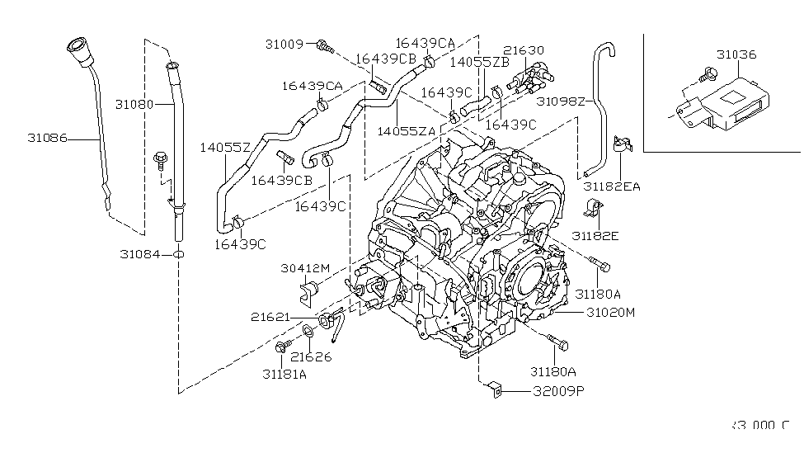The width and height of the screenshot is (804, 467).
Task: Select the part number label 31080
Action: pyautogui.click(x=134, y=105)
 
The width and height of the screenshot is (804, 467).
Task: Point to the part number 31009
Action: pyautogui.click(x=285, y=43)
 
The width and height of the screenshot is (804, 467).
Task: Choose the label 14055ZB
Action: pyautogui.click(x=479, y=62)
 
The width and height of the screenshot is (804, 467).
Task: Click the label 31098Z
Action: pyautogui.click(x=561, y=102)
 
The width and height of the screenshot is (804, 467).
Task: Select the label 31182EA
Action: pyautogui.click(x=612, y=187)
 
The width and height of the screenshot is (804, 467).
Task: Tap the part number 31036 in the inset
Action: pyautogui.click(x=736, y=55)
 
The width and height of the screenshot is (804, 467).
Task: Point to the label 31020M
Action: pyautogui.click(x=611, y=313)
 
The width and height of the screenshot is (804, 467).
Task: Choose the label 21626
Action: pyautogui.click(x=311, y=356)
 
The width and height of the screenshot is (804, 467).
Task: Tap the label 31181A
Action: pyautogui.click(x=284, y=374)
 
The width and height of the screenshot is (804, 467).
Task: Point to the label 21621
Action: pyautogui.click(x=273, y=317)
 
